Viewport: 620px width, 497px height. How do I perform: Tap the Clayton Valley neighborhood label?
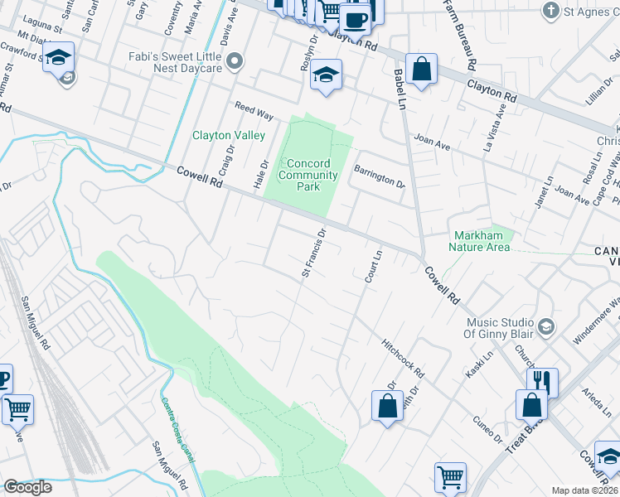tap(229, 135)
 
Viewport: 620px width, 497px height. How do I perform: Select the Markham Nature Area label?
tap(480, 241)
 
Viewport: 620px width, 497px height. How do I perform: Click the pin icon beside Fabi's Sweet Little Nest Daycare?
tap(235, 60)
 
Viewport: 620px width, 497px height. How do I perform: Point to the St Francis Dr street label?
tap(313, 253)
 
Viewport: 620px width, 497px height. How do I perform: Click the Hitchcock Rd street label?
tap(403, 358)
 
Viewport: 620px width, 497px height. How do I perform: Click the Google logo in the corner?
tap(27, 487)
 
